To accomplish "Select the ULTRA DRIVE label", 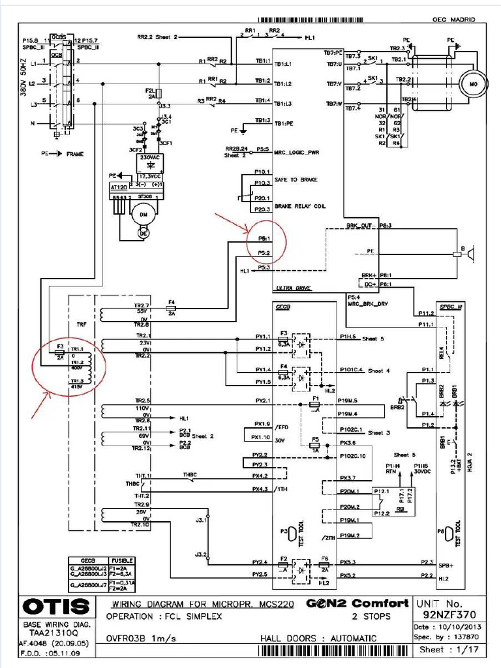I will (x=293, y=288).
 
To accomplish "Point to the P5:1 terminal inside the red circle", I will (x=264, y=239).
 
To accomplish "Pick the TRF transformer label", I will (x=82, y=324).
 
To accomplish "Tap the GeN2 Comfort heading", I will (x=357, y=603).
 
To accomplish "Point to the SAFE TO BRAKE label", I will (x=296, y=179).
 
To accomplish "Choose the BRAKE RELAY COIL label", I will (x=300, y=205).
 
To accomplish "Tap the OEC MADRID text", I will (x=455, y=20).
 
